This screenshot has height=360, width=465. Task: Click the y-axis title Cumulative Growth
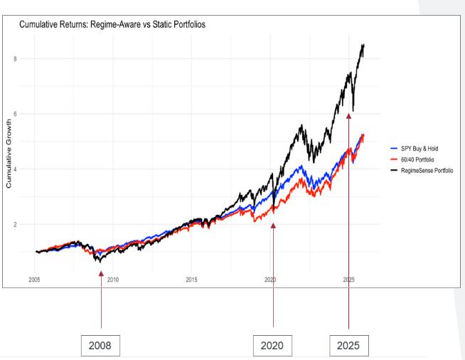(9, 154)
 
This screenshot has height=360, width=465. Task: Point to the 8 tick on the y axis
(15, 58)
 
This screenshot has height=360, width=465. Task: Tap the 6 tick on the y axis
(15, 114)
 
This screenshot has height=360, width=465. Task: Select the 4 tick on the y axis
(15, 169)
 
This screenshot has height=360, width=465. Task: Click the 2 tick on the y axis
(15, 224)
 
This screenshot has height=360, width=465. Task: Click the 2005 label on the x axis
(34, 280)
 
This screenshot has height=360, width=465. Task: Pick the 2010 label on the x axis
(112, 280)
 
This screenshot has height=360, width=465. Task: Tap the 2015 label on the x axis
(191, 280)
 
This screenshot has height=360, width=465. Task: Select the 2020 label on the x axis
(269, 280)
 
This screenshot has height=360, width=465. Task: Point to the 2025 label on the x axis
(348, 280)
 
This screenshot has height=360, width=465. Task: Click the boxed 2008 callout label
(100, 346)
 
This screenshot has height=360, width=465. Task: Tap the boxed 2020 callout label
(273, 346)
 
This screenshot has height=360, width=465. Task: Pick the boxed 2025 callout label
(349, 346)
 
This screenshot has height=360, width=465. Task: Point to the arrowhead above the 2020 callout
(273, 226)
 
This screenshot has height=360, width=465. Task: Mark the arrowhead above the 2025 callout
(348, 116)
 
